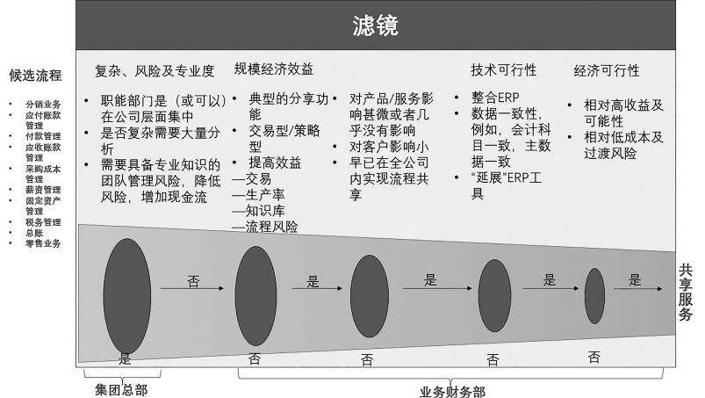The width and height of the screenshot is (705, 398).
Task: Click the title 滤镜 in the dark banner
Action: pyautogui.click(x=377, y=26)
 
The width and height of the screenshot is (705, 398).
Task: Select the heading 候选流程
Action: pyautogui.click(x=35, y=75)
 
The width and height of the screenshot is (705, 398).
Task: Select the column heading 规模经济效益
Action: pyautogui.click(x=273, y=69)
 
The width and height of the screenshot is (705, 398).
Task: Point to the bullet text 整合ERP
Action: pyautogui.click(x=496, y=98)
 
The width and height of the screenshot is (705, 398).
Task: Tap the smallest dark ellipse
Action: pyautogui.click(x=594, y=296)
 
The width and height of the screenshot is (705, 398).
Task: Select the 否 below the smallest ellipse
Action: pyautogui.click(x=594, y=356)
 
